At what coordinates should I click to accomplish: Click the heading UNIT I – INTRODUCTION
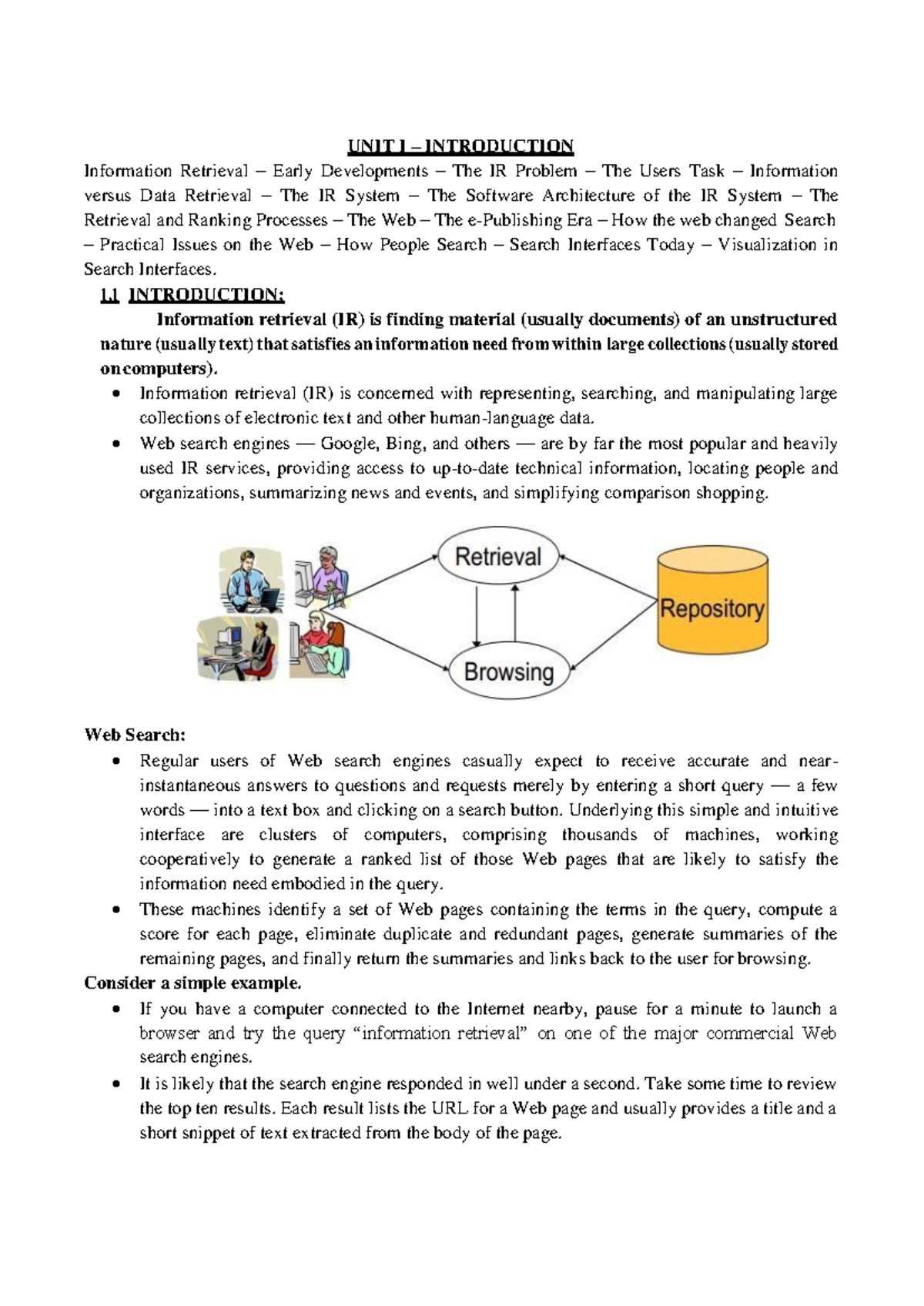point(460,146)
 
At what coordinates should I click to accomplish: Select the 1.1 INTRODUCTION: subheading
point(192,294)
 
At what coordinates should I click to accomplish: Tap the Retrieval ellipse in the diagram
point(498,557)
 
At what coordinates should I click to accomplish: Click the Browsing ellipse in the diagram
point(508,671)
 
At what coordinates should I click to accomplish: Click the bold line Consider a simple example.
point(192,983)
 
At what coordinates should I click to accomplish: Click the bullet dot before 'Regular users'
point(115,762)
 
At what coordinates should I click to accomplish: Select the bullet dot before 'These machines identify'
point(115,909)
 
